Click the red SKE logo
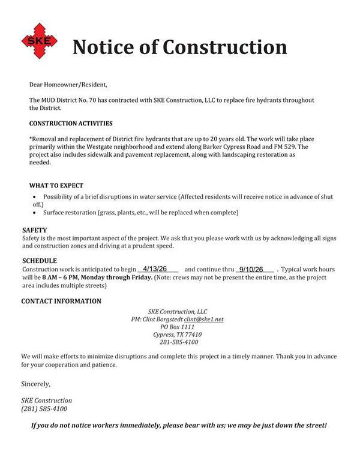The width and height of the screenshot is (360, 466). (x=40, y=41)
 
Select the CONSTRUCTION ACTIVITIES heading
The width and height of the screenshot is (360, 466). (x=71, y=124)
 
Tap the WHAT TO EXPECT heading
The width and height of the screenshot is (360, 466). (x=56, y=186)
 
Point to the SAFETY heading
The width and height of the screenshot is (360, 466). (x=34, y=230)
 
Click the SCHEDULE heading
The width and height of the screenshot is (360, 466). (x=40, y=261)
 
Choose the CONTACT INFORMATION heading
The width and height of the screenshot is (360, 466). (x=61, y=301)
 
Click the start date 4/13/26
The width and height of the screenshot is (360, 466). (x=155, y=268)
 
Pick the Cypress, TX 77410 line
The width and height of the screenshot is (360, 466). (x=177, y=334)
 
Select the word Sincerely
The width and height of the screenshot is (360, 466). (x=36, y=383)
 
